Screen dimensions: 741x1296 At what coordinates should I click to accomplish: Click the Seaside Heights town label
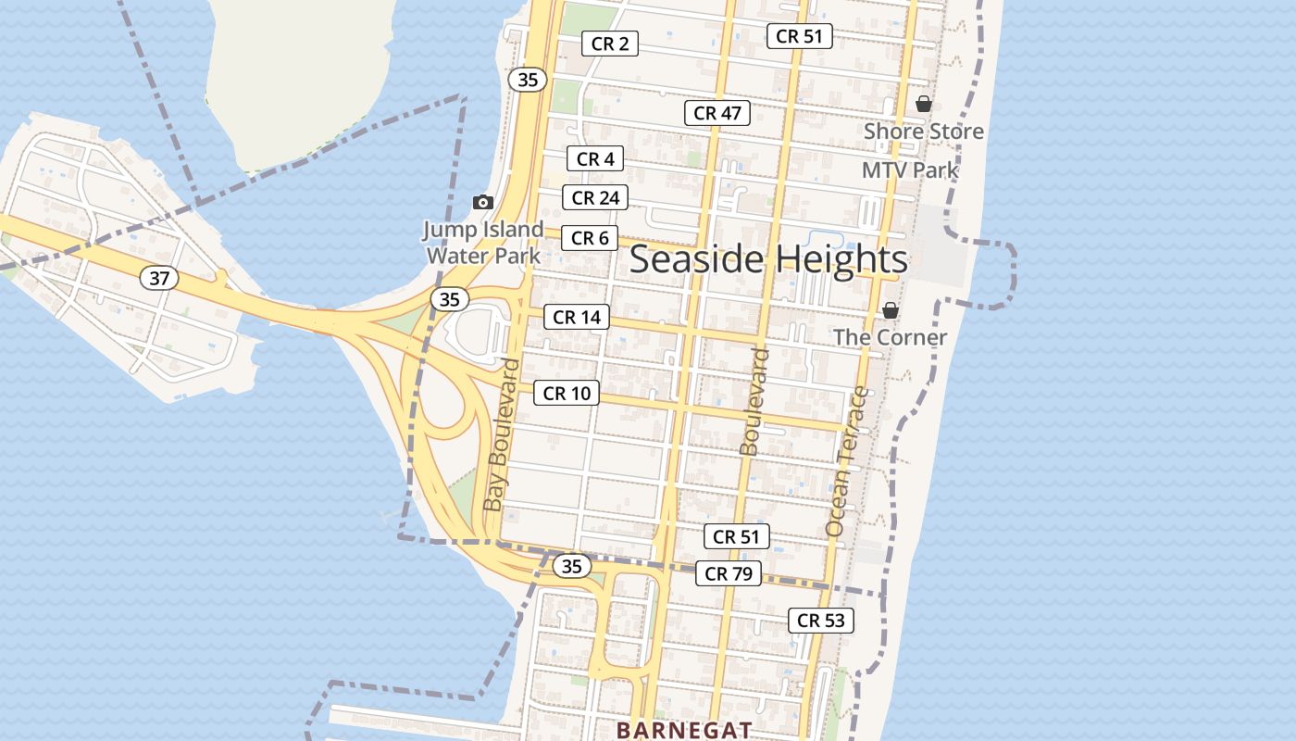pos(768,259)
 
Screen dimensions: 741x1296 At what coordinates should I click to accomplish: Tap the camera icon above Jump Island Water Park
pos(482,202)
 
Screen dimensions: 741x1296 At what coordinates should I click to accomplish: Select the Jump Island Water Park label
pos(483,243)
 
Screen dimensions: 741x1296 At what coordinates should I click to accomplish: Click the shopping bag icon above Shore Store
pos(923,104)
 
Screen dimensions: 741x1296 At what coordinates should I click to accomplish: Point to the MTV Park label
pos(910,170)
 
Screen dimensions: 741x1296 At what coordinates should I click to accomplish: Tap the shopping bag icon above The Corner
pos(890,310)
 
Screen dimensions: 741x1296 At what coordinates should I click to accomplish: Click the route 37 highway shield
pos(159,277)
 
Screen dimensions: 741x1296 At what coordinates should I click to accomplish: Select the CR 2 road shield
pos(609,44)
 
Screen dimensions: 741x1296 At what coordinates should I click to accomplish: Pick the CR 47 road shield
pos(717,113)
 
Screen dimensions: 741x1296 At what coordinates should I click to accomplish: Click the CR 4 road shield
pos(595,159)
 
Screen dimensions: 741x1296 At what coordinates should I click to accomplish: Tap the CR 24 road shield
pos(595,197)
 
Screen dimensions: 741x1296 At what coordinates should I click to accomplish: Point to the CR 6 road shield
pos(590,238)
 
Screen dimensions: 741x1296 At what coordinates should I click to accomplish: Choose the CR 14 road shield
pos(577,317)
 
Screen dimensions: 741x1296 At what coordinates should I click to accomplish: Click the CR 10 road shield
pos(567,393)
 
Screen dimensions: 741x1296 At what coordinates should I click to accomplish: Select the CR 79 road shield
pos(729,573)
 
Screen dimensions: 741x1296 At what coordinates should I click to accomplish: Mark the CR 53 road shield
pos(821,621)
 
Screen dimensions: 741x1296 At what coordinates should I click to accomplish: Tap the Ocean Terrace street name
pos(847,461)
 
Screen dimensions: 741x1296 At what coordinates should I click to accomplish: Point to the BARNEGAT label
pos(684,730)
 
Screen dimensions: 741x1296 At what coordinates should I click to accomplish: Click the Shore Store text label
pos(923,132)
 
